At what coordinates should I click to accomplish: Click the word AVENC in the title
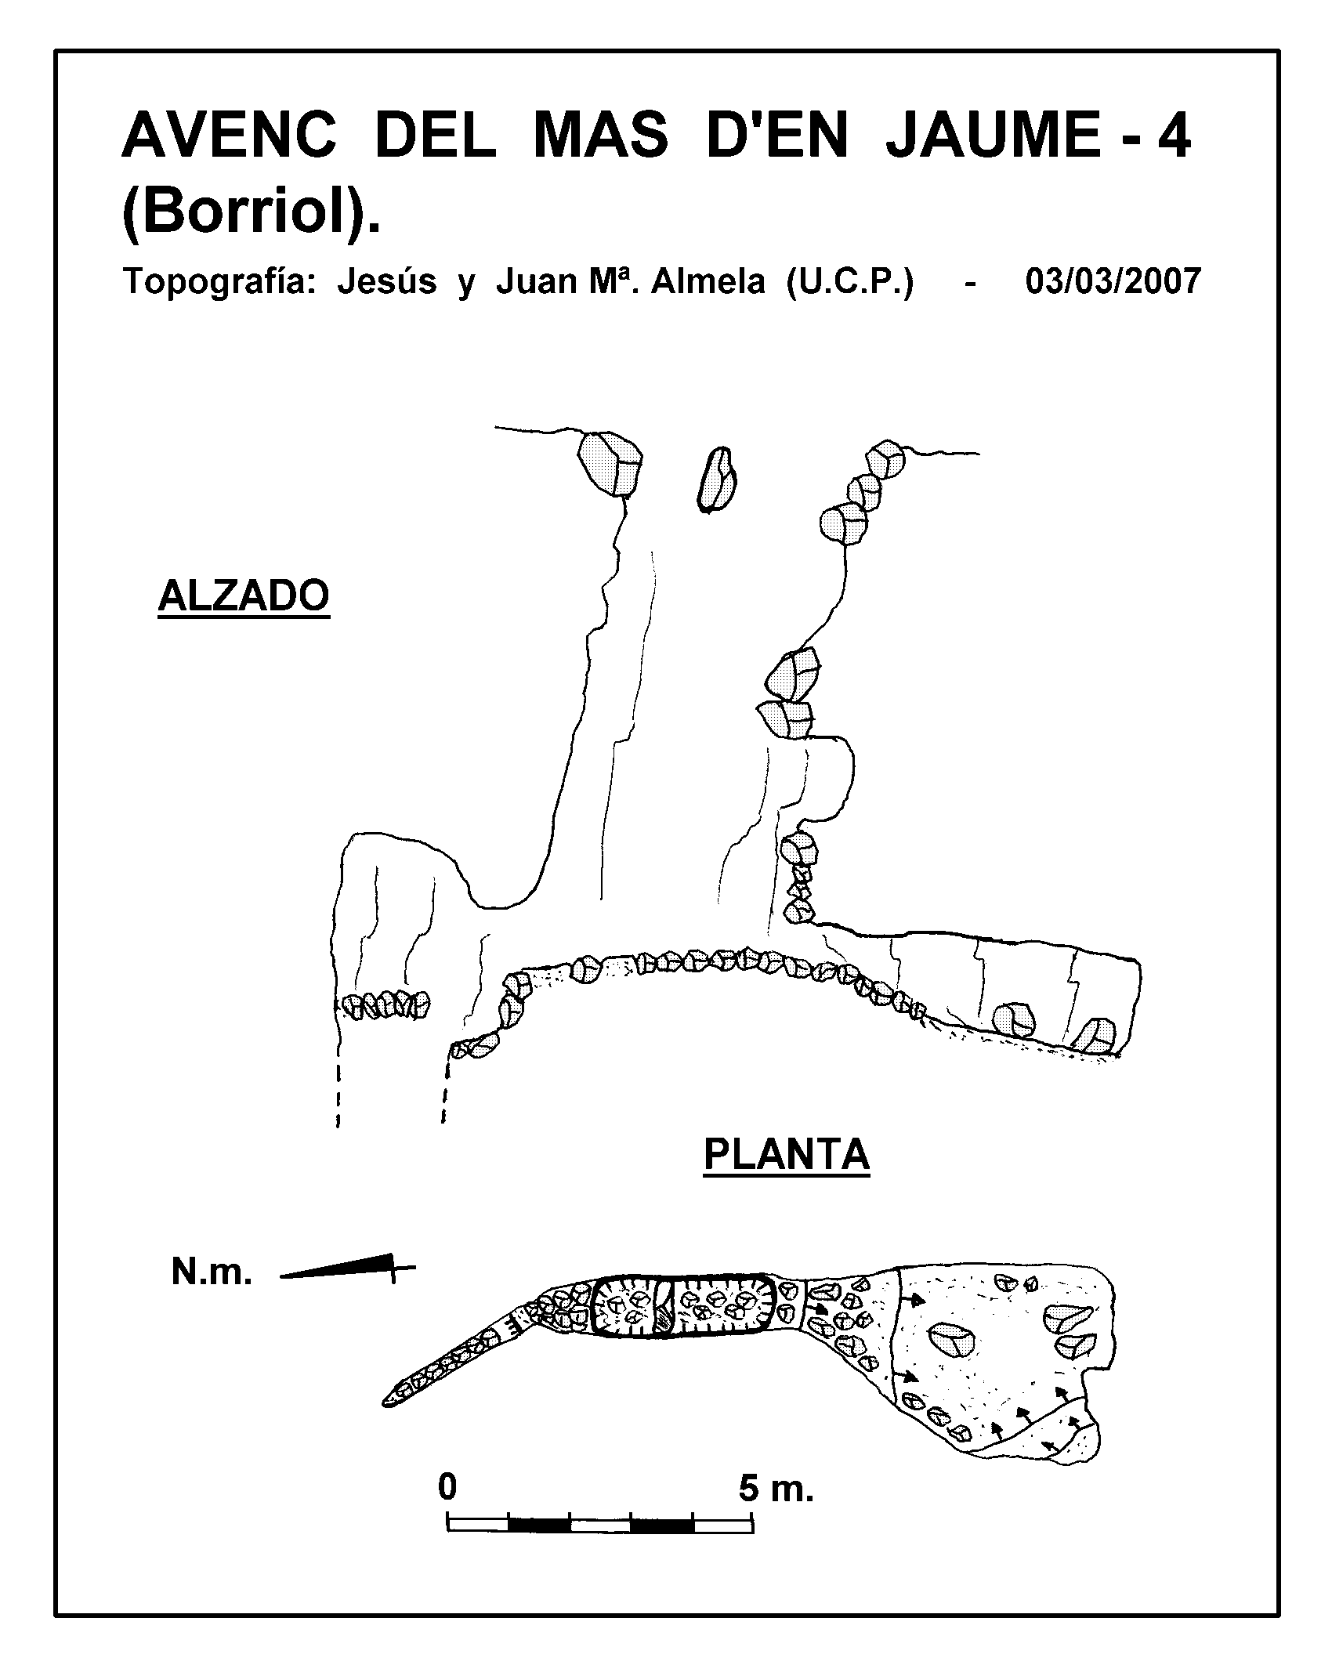click(230, 135)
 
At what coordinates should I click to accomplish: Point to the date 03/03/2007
click(1113, 280)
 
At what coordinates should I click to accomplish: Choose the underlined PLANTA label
click(787, 1155)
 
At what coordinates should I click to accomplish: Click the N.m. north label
click(212, 1273)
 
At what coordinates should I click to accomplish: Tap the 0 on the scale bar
click(447, 1486)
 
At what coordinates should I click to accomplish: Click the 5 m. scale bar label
click(776, 1488)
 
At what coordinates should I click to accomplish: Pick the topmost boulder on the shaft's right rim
click(885, 460)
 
